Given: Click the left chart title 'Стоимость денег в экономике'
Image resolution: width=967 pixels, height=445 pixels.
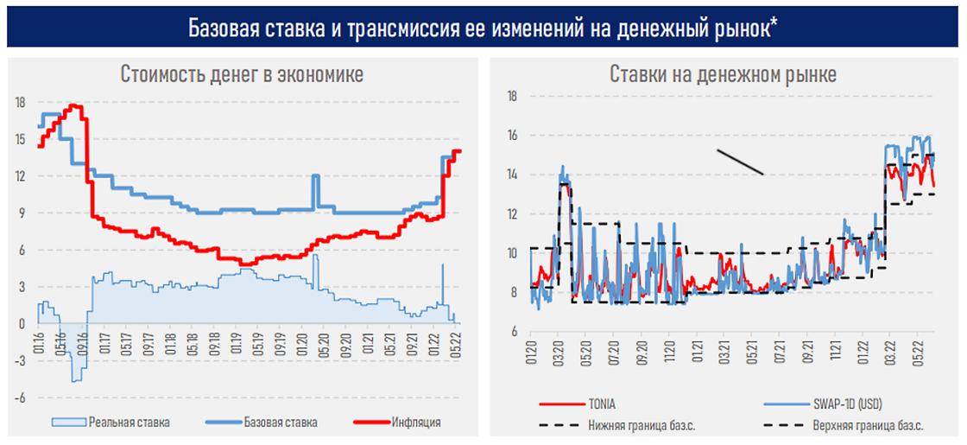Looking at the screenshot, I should (241, 74).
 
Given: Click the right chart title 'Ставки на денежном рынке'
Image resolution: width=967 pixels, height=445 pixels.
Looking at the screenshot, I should (722, 74).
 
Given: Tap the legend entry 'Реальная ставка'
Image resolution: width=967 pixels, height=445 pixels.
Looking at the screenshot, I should (128, 423).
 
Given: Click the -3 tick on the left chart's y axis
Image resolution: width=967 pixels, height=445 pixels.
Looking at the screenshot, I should (20, 361).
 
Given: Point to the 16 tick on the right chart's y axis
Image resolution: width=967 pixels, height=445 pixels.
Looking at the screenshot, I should (511, 136).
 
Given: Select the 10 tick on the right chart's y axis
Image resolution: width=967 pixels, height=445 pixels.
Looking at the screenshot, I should (511, 253).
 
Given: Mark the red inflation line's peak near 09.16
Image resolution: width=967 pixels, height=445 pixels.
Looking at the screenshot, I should (75, 105).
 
